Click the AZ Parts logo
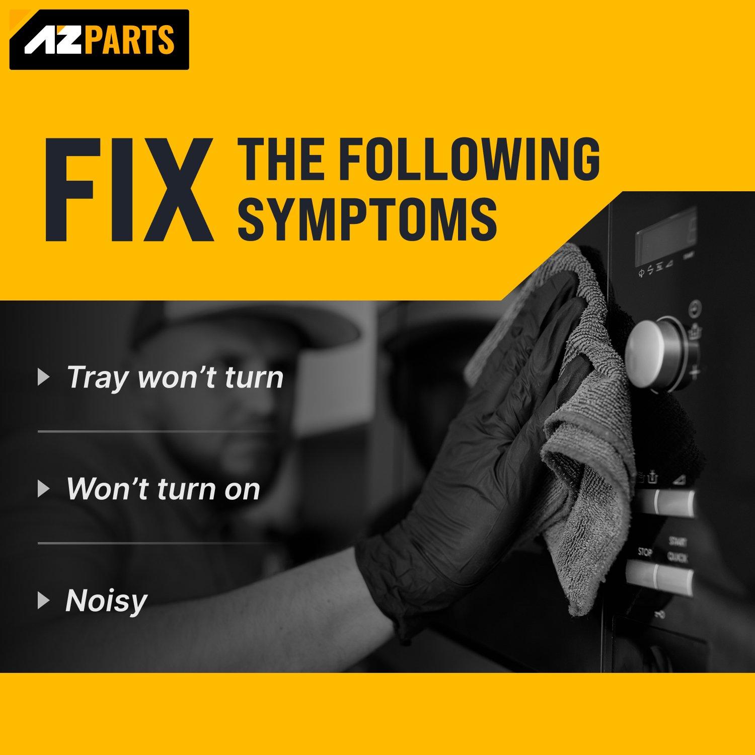click(99, 40)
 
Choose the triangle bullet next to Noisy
click(44, 600)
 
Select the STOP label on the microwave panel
click(645, 552)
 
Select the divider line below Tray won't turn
click(157, 431)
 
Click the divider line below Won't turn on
click(157, 543)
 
